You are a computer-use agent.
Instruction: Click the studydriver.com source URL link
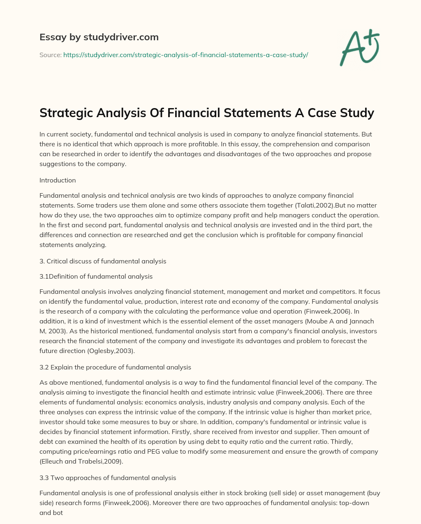pos(185,55)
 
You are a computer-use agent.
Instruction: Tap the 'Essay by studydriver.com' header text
pos(99,37)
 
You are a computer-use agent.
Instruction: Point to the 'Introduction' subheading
pos(58,180)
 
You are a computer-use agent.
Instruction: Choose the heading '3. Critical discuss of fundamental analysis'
pos(103,261)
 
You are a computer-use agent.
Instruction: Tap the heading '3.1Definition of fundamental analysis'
pos(96,276)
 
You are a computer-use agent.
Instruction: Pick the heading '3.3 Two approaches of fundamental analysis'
pos(108,478)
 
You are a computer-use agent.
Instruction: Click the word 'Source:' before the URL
pos(51,55)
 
